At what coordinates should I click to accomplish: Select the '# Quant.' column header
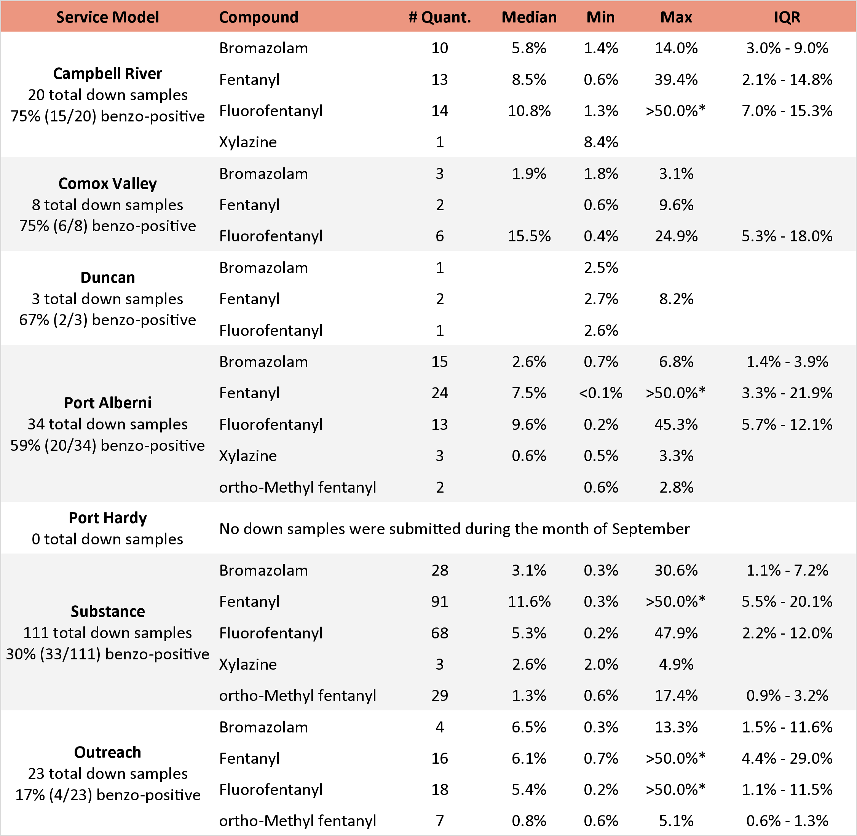tap(439, 17)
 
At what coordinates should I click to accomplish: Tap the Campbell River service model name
tap(108, 73)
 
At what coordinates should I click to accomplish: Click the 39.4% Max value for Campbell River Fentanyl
tap(676, 80)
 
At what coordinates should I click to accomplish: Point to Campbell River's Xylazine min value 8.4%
tap(601, 142)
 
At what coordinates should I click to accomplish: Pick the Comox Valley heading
tap(108, 183)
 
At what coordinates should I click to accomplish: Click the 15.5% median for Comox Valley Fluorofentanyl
tap(529, 236)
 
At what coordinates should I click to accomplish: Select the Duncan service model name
tap(108, 278)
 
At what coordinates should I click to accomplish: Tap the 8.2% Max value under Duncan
tap(676, 299)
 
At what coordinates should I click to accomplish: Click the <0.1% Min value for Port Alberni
tap(601, 393)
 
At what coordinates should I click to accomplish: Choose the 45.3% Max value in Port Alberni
tap(676, 424)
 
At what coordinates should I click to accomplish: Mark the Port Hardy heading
tap(108, 518)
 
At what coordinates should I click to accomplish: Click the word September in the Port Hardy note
tap(651, 529)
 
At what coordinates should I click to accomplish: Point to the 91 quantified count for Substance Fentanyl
tap(439, 601)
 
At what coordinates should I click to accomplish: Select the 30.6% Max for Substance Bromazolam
tap(676, 570)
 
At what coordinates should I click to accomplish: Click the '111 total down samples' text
tap(108, 633)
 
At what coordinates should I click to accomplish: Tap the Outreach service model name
tap(108, 752)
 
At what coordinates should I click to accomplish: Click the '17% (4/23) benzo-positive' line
tap(108, 795)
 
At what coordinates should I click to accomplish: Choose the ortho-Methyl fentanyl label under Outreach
tap(297, 821)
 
